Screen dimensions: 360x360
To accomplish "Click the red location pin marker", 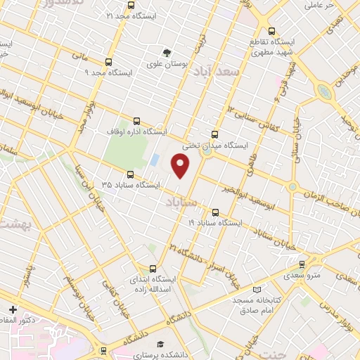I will pyautogui.click(x=181, y=165).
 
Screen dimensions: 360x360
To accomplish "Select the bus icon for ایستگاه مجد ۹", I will pyautogui.click(x=107, y=61).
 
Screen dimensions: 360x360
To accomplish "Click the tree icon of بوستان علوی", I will pyautogui.click(x=167, y=53).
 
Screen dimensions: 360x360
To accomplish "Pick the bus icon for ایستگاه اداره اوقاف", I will pyautogui.click(x=135, y=120).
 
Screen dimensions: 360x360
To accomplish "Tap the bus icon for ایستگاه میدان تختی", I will pyautogui.click(x=214, y=135).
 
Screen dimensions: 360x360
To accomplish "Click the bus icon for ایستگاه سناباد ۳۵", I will pyautogui.click(x=130, y=174).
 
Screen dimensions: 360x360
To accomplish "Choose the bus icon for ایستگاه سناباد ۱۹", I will pyautogui.click(x=215, y=211).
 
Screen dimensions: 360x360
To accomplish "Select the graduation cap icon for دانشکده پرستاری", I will pyautogui.click(x=161, y=345).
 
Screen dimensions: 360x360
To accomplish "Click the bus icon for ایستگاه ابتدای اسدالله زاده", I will pyautogui.click(x=153, y=268).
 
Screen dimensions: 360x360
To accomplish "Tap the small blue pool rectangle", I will pyautogui.click(x=154, y=160).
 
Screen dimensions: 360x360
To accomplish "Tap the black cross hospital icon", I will pyautogui.click(x=13, y=309).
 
